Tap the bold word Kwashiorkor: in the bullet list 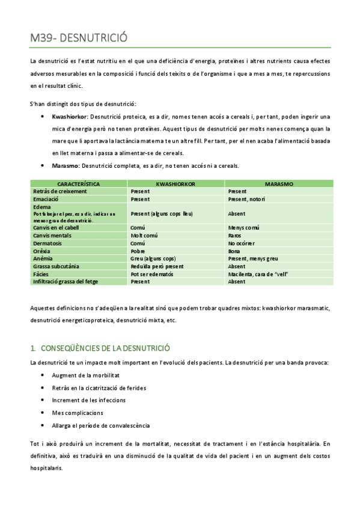[70, 116]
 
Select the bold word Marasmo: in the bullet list [66, 165]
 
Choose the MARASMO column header [278, 183]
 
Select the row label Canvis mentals [53, 236]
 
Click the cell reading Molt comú [144, 236]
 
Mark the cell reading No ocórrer [242, 243]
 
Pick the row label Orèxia [42, 251]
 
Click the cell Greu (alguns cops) [153, 259]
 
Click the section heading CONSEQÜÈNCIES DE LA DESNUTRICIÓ [105, 348]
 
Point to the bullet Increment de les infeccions [88, 400]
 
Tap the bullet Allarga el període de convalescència [100, 426]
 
